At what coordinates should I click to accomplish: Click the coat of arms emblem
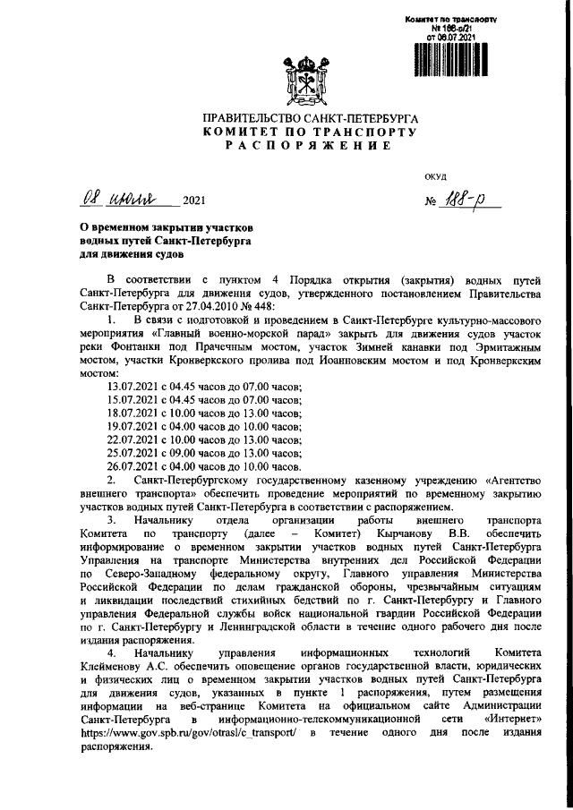(309, 80)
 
